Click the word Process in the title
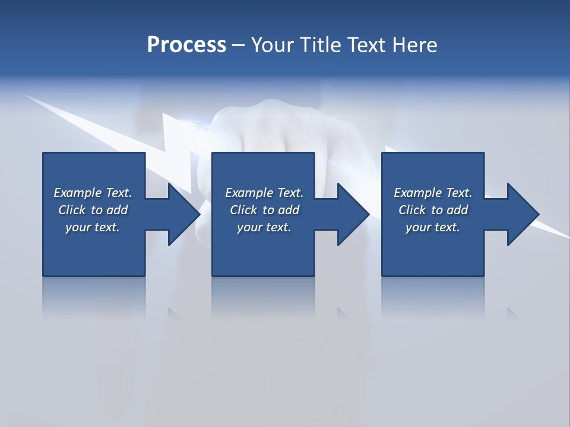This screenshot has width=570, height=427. pos(186,45)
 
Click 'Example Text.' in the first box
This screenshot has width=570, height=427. pos(93,193)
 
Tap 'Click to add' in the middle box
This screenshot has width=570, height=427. pos(264,210)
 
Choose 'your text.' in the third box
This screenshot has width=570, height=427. pos(433,227)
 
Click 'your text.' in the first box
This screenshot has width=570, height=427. pos(93,227)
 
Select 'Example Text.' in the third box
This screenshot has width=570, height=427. pos(433,193)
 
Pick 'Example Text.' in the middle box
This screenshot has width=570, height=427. pos(264,193)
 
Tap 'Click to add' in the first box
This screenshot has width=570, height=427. pos(93,210)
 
